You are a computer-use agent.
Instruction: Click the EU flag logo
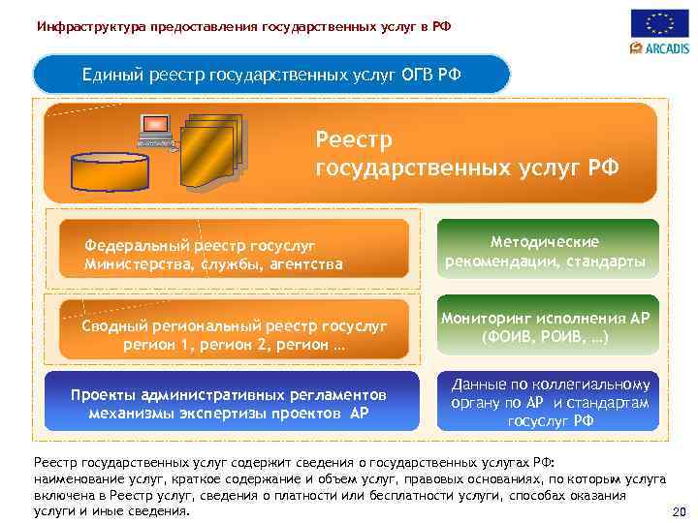(660, 23)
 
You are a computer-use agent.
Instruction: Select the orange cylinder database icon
(109, 169)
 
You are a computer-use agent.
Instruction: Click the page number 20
(679, 511)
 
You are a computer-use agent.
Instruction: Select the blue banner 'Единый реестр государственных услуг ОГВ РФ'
(271, 74)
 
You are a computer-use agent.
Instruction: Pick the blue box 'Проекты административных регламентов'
(229, 403)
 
